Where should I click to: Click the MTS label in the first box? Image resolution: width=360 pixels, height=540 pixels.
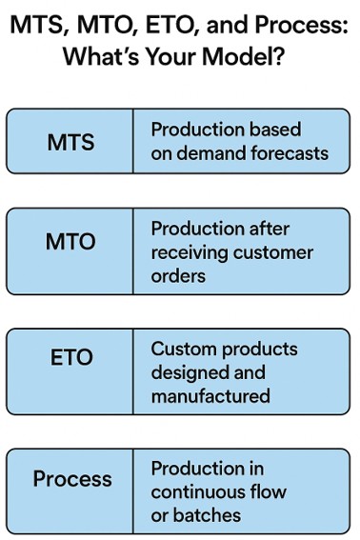(70, 142)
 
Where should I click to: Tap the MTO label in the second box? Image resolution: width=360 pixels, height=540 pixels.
(70, 242)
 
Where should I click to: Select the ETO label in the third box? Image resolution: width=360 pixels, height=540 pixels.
(70, 358)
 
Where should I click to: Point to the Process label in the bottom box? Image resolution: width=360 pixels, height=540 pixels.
(72, 478)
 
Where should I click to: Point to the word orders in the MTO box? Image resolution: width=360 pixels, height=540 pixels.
(178, 277)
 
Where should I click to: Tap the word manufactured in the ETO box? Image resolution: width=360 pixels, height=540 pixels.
(210, 395)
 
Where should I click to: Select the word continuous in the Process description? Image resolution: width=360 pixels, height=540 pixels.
(198, 491)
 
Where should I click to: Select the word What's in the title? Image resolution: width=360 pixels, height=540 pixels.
(107, 56)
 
